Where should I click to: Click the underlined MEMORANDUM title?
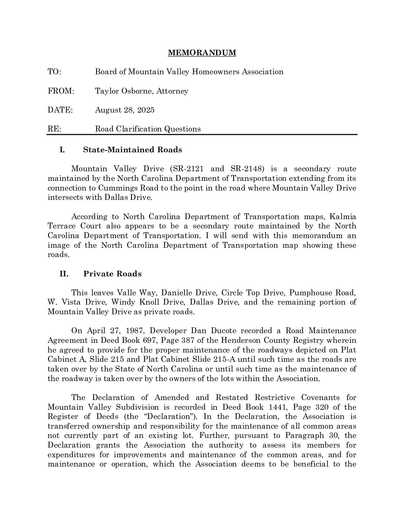tap(202, 53)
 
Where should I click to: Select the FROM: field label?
tap(61, 91)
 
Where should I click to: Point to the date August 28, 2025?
tap(125, 110)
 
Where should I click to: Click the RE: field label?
tap(54, 129)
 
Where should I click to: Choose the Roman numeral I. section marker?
tap(62, 150)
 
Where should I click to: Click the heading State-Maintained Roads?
tap(133, 150)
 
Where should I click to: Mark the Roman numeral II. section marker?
tap(64, 274)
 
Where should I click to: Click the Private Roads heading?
tap(112, 274)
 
